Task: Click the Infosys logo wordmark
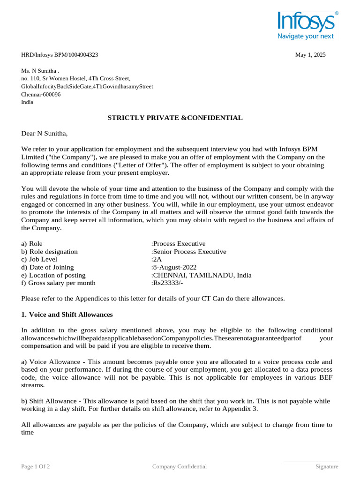(305, 22)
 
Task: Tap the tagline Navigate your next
(306, 36)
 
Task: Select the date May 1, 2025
(310, 55)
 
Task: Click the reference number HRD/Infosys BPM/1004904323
(60, 55)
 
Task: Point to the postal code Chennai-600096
(41, 94)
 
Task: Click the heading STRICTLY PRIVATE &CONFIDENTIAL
(175, 118)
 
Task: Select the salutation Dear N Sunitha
(45, 134)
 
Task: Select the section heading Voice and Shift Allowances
(70, 314)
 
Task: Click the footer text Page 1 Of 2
(36, 466)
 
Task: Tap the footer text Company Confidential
(180, 466)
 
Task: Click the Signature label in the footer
(326, 466)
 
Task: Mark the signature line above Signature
(311, 462)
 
